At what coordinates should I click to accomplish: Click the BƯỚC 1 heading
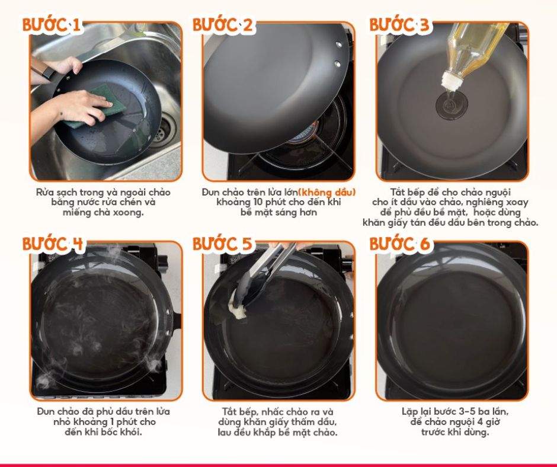[52, 25]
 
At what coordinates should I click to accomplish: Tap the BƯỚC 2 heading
[223, 25]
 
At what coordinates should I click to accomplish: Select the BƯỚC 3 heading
[399, 25]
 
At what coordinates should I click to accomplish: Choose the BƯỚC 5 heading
[223, 244]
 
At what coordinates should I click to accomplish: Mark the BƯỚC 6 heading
[400, 244]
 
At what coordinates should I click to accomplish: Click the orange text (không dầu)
[327, 192]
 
